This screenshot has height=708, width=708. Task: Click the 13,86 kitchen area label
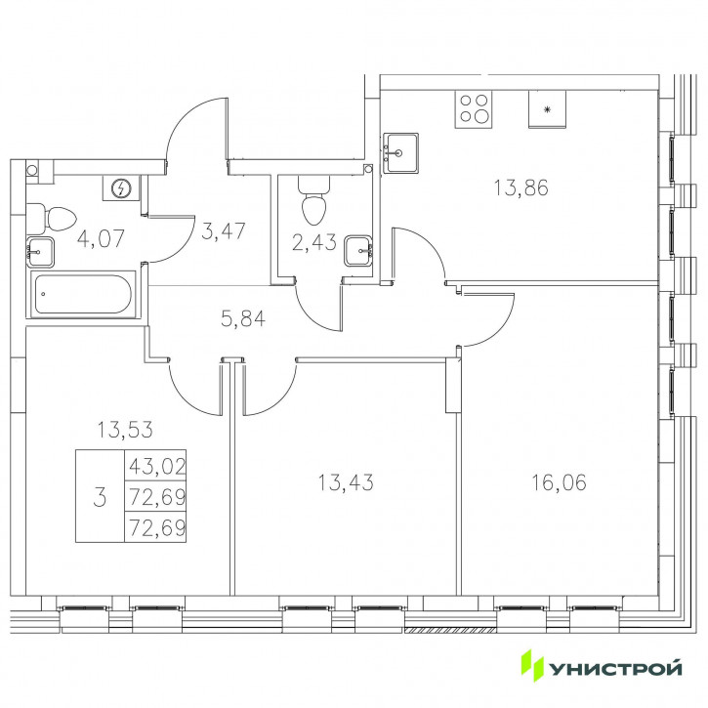[x=521, y=187]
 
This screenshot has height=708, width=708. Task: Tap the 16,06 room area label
[x=559, y=482]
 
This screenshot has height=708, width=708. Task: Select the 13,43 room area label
[x=346, y=482]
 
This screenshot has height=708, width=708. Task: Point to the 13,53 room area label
[x=125, y=430]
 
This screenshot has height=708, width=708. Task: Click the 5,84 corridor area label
[x=243, y=319]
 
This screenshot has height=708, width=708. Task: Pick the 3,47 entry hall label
[x=223, y=231]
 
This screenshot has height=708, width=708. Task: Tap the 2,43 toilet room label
[x=313, y=242]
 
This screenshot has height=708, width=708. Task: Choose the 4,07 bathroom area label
[x=101, y=238]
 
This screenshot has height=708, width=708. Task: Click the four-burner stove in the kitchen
[x=474, y=108]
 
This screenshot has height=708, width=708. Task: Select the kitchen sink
[x=400, y=152]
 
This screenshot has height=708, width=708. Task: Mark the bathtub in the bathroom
[x=83, y=294]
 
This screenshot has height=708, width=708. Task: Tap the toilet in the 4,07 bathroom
[x=51, y=219]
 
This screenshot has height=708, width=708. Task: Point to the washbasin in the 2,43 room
[x=358, y=251]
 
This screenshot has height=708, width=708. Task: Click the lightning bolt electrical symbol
[x=121, y=187]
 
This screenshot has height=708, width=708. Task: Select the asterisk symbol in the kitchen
[x=547, y=109]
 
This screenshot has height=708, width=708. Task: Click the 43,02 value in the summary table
[x=156, y=466]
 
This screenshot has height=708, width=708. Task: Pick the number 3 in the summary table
[x=100, y=498]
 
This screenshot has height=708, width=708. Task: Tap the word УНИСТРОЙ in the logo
[x=615, y=668]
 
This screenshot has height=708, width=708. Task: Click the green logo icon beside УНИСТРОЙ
[x=532, y=665]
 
